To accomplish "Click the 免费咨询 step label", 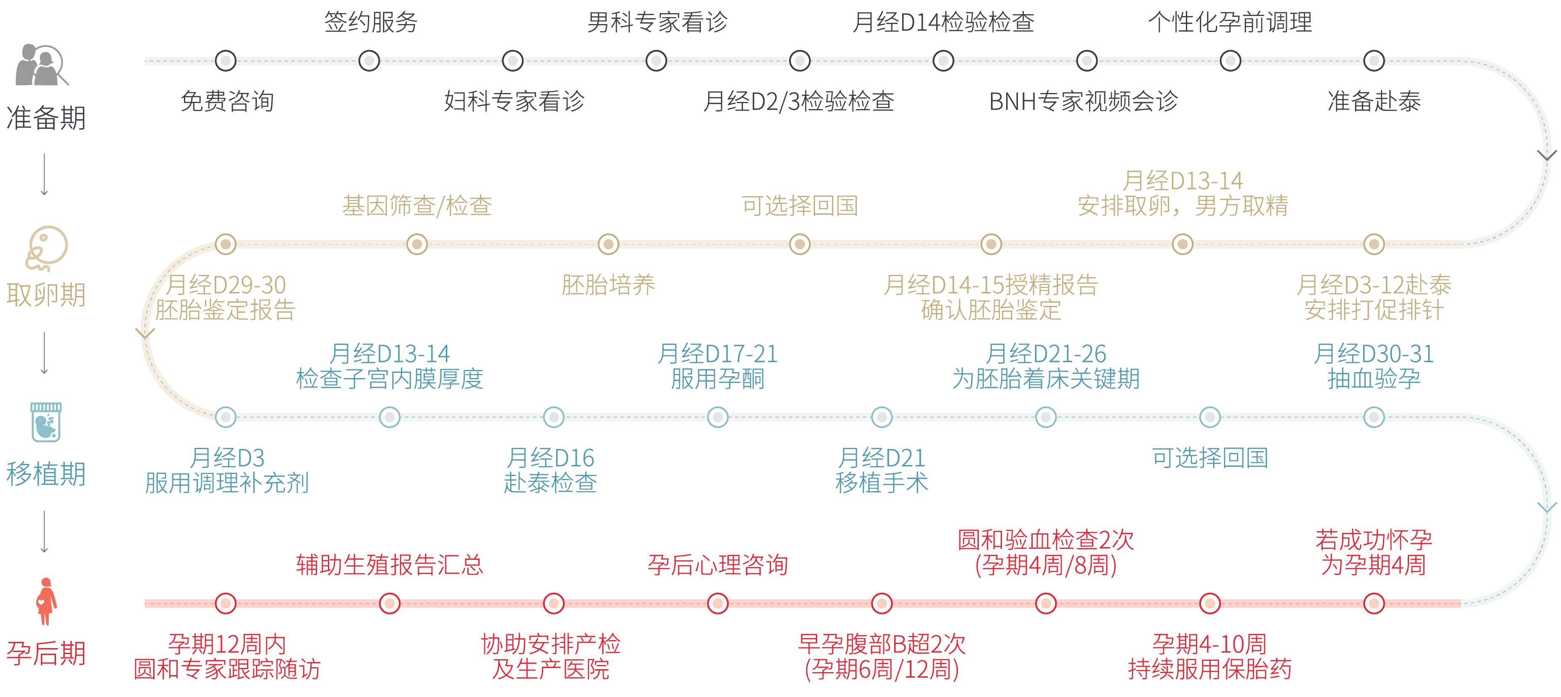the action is [x=227, y=101].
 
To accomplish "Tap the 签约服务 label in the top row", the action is [x=371, y=22].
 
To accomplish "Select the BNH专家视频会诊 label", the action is [x=1084, y=101].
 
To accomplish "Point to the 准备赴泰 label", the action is [x=1374, y=101].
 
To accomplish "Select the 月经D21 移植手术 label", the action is [x=882, y=470].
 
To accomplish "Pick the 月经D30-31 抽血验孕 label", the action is [x=1374, y=366].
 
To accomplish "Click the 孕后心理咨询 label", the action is [x=717, y=565].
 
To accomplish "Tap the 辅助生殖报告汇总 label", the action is [x=390, y=565].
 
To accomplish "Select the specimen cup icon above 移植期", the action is [x=46, y=423].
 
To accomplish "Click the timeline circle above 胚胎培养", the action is [x=608, y=244].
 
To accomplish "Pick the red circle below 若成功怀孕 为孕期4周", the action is [x=1374, y=603].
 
